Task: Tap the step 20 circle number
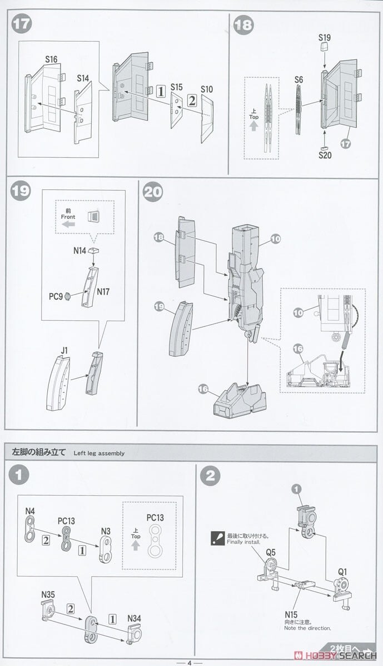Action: tap(153, 192)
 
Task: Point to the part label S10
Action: tap(207, 89)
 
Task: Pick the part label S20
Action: tap(325, 155)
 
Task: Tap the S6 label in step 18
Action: tap(299, 80)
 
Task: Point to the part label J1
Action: tap(64, 350)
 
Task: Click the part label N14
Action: tap(79, 250)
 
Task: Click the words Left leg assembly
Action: tap(99, 453)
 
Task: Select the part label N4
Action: tap(29, 511)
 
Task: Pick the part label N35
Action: tap(47, 594)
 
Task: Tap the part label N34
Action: tap(135, 618)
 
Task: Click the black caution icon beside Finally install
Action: tap(217, 537)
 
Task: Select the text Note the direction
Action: tap(307, 628)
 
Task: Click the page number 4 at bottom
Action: tap(189, 662)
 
